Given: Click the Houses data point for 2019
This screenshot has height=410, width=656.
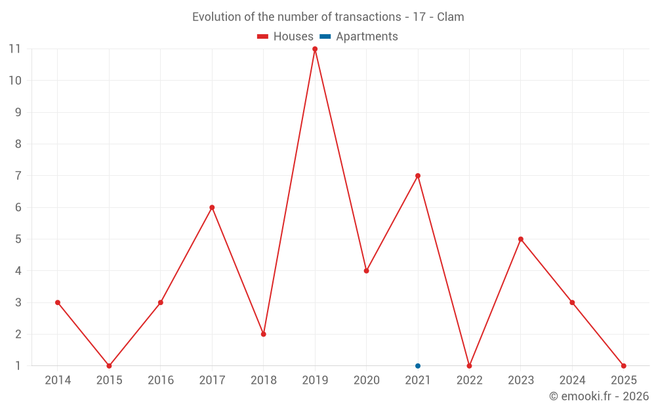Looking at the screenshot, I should point(315,49).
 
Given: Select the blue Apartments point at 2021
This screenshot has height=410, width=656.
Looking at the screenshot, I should point(418,366).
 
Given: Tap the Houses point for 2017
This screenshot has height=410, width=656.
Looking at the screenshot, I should point(212,207).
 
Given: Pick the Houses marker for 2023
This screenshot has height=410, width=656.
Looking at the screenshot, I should point(521,239).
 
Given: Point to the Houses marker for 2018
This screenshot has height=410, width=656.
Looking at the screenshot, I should point(264,334).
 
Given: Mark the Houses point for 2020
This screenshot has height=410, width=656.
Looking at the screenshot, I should point(366,271).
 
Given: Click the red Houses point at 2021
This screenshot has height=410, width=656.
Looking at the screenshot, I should point(418,176).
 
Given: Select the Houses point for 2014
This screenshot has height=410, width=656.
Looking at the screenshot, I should point(58,302).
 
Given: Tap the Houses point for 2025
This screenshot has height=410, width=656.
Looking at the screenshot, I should point(623,366).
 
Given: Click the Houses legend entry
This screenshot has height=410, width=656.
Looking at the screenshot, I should point(285,37).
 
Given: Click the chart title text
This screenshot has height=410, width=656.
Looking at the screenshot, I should point(328,17).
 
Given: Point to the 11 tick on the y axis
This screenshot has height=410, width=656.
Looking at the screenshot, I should point(15,49).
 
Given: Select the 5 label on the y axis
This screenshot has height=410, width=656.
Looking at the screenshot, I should point(18,239).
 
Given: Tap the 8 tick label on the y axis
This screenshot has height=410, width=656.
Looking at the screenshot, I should point(18,144).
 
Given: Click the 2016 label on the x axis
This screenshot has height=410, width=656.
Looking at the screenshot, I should point(161,380).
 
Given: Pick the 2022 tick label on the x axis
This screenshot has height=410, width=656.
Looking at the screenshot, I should point(469,380).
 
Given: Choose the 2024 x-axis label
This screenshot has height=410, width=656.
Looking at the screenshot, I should point(572,380).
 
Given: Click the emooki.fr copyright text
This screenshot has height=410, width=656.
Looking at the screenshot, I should point(598,396).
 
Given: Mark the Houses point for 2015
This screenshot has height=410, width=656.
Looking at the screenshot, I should point(109,366).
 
